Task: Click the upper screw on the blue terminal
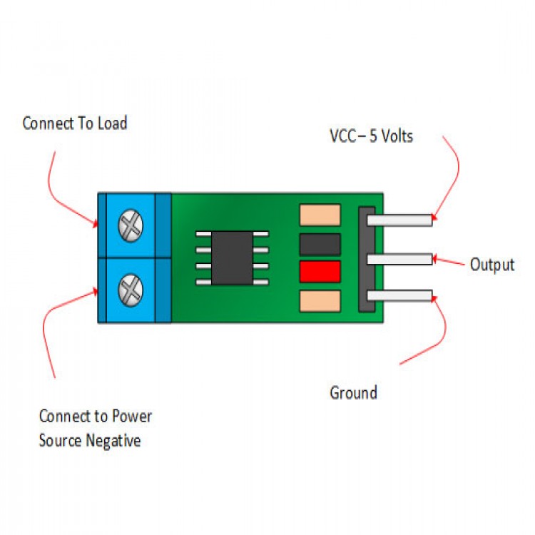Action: coord(131,226)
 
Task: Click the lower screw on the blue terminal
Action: coord(131,289)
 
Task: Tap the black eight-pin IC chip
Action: coord(232,258)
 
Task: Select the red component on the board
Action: coord(320,272)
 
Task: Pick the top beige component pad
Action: coord(320,215)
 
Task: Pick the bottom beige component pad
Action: coord(320,301)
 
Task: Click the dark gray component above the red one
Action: coord(320,245)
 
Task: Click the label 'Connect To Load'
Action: coord(75,123)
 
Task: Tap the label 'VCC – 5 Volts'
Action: coord(371,136)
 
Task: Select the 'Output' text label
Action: coord(491,265)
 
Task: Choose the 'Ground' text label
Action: coord(353,392)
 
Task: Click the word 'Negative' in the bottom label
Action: coord(113,440)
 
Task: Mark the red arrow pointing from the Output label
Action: coord(449,262)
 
